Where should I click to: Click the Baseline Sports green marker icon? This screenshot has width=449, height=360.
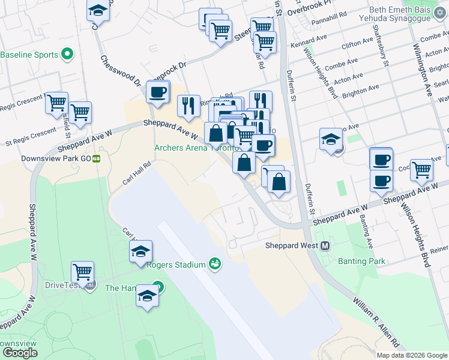[x=67, y=55]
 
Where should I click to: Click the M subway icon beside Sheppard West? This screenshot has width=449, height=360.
[x=325, y=245]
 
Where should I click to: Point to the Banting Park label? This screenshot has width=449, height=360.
[x=361, y=261]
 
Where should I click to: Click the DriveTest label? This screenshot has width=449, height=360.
[x=64, y=284]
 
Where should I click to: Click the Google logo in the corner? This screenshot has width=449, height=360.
[x=19, y=353]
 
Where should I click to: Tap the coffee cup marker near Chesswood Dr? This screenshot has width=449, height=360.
[x=158, y=92]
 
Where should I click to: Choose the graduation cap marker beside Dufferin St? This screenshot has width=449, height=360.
[x=331, y=140]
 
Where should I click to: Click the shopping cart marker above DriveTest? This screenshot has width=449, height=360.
[x=82, y=272]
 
